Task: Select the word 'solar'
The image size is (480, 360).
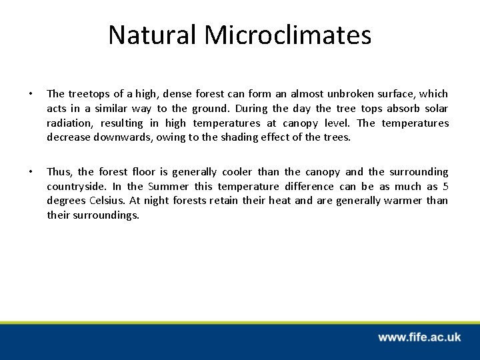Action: [435, 109]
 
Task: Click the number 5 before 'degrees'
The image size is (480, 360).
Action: [445, 187]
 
